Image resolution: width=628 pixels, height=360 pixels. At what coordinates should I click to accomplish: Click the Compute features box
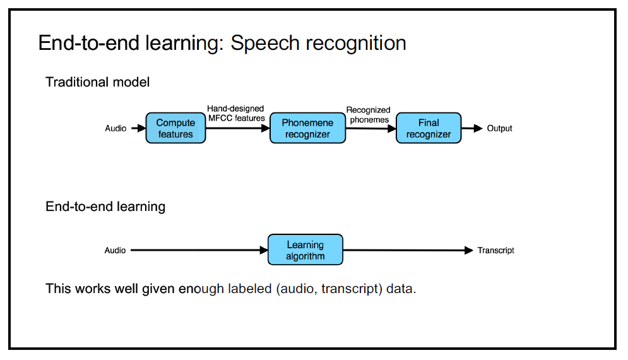(175, 128)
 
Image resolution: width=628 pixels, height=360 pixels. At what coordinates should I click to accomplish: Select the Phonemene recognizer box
(307, 128)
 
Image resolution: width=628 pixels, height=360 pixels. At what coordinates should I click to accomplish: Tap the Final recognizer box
(429, 128)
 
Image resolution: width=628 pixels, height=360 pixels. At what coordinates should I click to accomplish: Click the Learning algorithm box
(305, 249)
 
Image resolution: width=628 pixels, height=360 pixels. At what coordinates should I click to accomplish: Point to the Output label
(499, 128)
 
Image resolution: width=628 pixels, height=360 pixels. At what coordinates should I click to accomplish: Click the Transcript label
(496, 251)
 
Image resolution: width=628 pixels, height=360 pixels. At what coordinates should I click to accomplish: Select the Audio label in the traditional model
(116, 128)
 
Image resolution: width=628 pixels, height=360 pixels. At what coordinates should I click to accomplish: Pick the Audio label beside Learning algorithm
(115, 250)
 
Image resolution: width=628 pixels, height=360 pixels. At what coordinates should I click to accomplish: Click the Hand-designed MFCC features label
(236, 113)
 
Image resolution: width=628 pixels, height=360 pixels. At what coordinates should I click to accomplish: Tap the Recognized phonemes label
(369, 115)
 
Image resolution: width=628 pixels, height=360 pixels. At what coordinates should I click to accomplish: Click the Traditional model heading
(98, 81)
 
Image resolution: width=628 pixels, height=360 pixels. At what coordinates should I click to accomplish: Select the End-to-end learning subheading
(105, 207)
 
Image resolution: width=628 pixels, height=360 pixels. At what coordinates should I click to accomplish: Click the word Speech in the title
(265, 44)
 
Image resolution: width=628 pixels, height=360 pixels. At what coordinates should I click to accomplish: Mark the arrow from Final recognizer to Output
(472, 128)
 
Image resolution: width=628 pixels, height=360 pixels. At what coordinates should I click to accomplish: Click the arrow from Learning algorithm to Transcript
(408, 251)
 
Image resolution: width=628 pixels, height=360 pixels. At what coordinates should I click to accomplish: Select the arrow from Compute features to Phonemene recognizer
(238, 128)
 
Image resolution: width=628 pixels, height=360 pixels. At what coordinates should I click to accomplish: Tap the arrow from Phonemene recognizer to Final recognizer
(371, 129)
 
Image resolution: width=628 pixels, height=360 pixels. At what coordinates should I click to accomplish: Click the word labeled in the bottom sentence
(250, 289)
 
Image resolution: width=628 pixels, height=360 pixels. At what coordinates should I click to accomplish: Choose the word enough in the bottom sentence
(201, 289)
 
